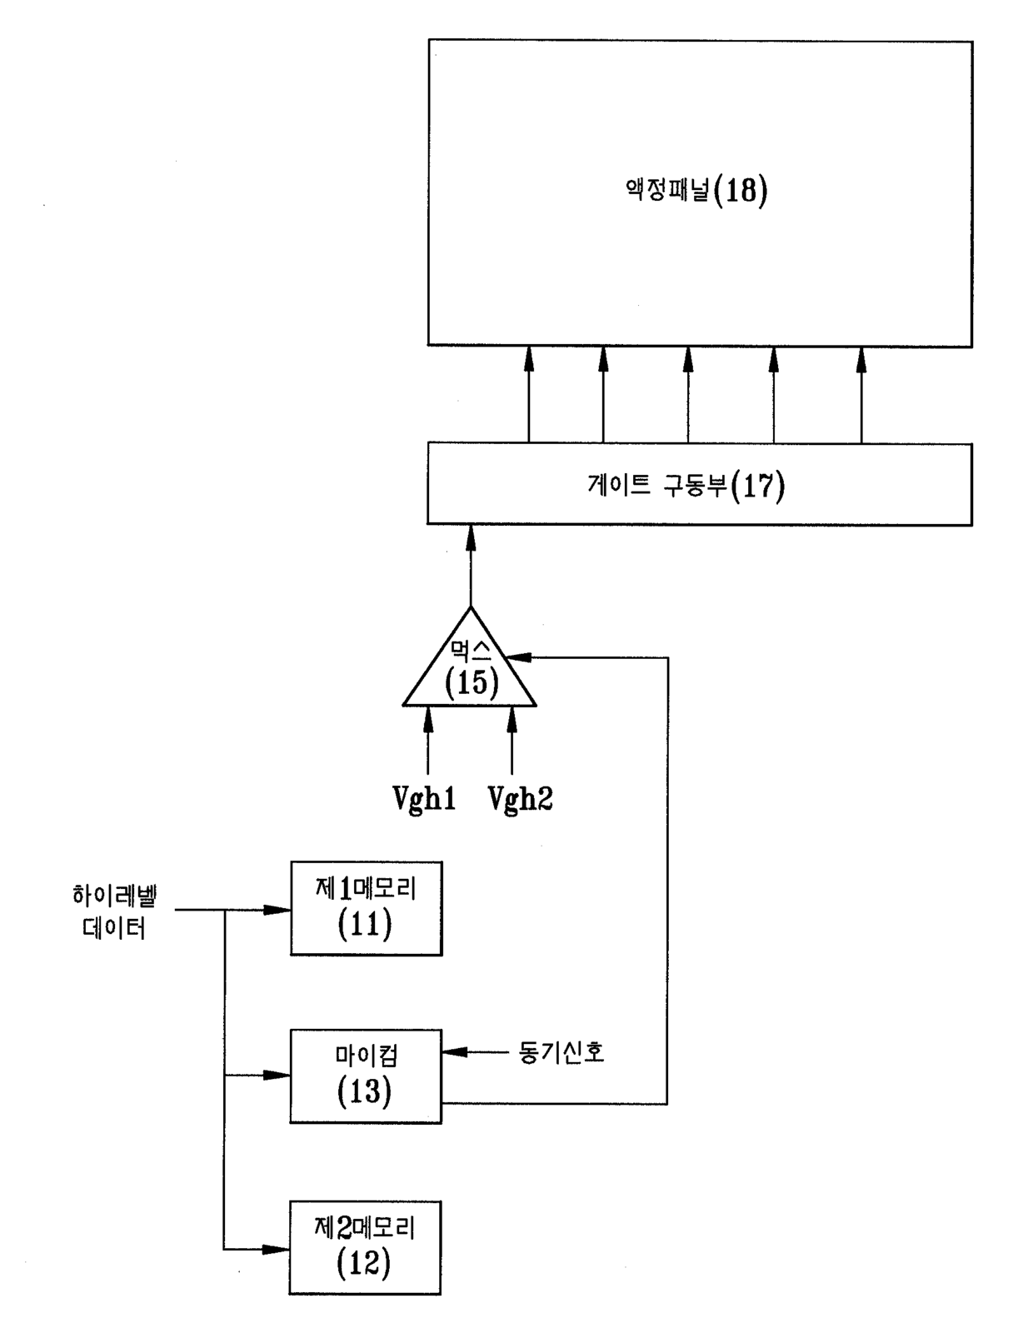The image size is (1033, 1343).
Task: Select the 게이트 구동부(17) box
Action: coord(700,484)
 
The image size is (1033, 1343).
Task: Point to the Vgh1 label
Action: coord(424,798)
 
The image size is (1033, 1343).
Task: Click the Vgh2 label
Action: coord(520,798)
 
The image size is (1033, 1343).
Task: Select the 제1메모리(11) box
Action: coord(367,908)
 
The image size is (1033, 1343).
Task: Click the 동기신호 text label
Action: coord(561,1051)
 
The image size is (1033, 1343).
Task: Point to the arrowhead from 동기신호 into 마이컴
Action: coord(456,1051)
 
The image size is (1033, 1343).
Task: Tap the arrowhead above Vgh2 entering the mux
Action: coord(512,719)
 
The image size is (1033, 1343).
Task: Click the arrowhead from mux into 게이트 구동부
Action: coord(471,539)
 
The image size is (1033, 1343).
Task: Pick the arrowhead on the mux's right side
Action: coord(521,657)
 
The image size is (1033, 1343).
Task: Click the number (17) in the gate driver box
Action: coord(757,487)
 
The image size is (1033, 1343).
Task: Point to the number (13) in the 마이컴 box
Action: coord(365,1092)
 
